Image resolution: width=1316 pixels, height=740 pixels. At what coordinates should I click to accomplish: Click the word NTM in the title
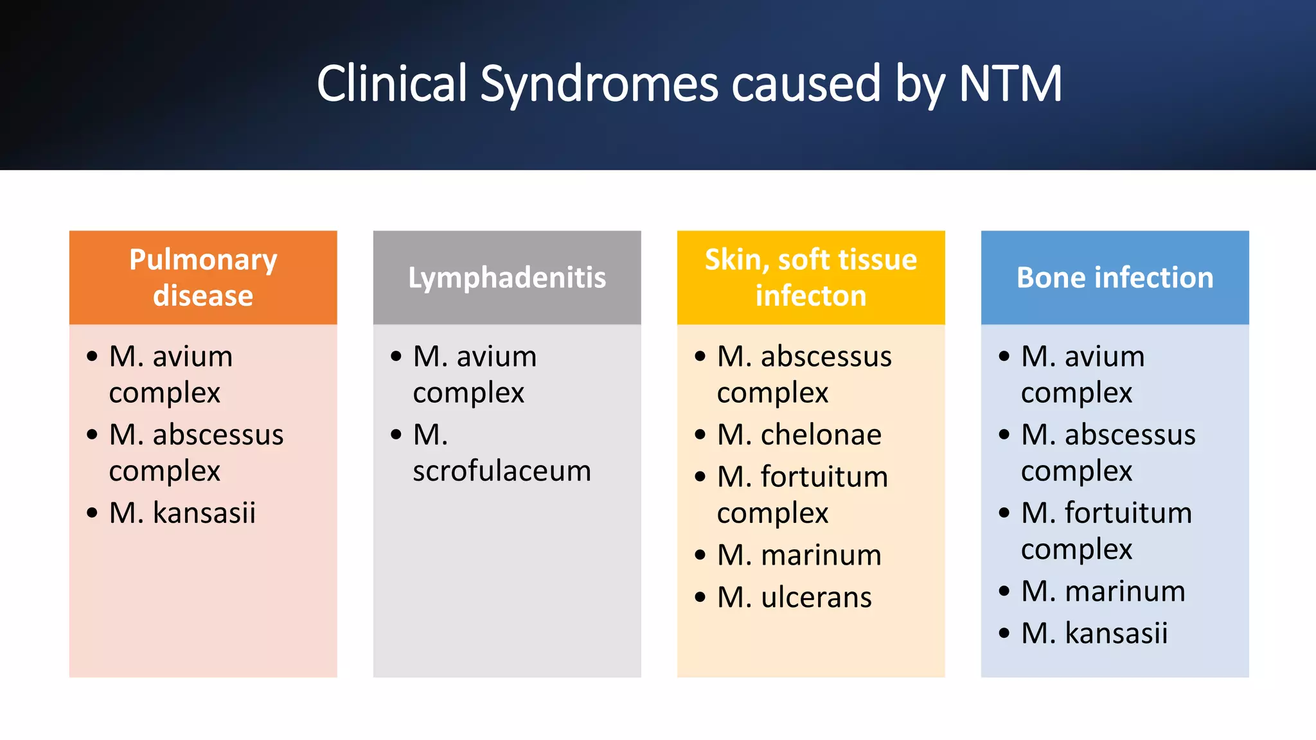1010,84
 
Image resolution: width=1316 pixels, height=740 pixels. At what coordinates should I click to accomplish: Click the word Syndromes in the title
599,85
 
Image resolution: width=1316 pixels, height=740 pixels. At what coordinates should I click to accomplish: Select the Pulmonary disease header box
203,277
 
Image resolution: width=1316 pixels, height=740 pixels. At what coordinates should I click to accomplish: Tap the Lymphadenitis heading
507,277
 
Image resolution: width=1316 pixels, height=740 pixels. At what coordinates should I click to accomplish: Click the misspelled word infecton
811,296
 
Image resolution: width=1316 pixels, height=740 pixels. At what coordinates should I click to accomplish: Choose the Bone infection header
1115,277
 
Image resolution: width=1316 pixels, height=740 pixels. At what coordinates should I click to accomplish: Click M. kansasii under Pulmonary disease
182,513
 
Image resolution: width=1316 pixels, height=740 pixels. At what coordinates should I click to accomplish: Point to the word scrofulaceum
501,471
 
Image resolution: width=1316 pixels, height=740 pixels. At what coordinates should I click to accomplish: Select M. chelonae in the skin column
799,435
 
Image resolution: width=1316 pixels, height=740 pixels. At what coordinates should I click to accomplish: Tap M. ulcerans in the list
794,597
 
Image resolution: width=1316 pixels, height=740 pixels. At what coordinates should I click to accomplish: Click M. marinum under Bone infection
1103,591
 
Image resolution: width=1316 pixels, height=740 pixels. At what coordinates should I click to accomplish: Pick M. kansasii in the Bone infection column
1094,633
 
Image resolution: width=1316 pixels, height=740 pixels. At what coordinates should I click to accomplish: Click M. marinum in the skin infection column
799,555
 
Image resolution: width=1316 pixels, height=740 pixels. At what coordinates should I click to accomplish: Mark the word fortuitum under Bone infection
1128,513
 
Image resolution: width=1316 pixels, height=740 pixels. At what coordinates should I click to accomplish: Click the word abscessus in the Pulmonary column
218,435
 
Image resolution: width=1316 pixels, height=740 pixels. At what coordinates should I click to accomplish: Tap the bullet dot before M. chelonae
700,436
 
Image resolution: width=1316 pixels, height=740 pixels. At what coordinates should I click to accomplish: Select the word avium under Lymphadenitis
497,357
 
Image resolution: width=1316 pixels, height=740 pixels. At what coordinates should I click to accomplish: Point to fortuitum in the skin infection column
824,477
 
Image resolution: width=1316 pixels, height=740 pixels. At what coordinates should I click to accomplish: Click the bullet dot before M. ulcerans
700,598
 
